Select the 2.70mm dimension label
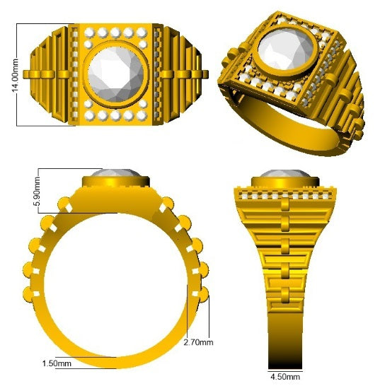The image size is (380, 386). coord(197,342)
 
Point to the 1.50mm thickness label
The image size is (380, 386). coord(57,363)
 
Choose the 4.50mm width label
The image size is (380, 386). coord(287,375)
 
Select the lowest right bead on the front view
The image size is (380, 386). coord(207,295)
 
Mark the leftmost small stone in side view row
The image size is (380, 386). coord(243,193)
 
